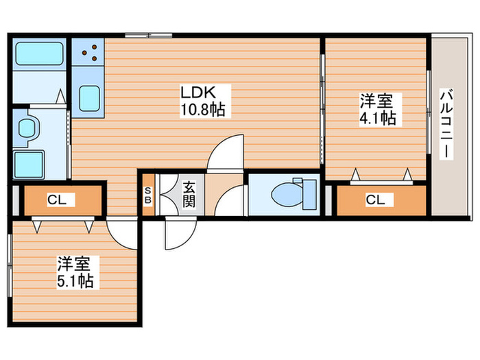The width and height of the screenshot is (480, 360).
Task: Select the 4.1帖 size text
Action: pos(376,117)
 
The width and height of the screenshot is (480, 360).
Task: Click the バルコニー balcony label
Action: pos(446,123)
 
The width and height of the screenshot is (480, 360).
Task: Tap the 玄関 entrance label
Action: pos(189,193)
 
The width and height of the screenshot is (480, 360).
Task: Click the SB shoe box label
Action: pos(148,194)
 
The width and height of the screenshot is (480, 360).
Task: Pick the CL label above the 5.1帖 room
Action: pos(56,200)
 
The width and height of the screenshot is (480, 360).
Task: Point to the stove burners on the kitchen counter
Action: pos(87,54)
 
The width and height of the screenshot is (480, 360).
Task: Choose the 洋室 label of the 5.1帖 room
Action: pos(75,263)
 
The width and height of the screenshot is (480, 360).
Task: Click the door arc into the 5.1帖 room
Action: pos(122,234)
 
